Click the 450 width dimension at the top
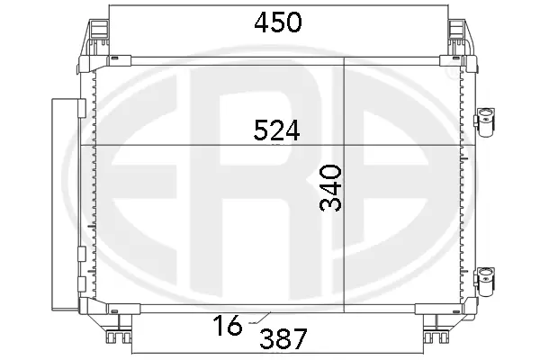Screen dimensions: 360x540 [276, 22]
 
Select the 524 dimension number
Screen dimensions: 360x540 [276, 131]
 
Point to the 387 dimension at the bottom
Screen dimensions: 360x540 [283, 339]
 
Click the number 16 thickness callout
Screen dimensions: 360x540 [229, 326]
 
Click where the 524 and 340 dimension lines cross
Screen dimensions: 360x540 [346, 146]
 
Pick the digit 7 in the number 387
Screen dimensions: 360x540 [300, 339]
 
